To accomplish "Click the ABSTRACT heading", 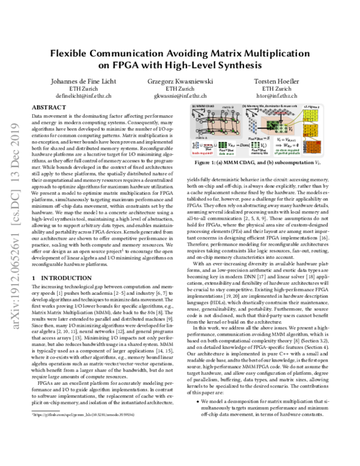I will (46, 106).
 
